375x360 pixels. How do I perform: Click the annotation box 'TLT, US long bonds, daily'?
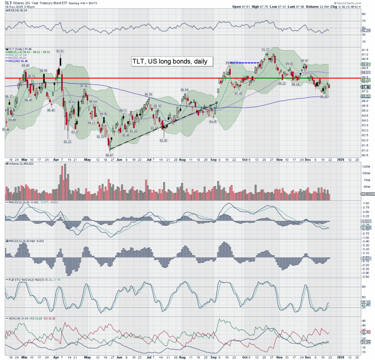click(172, 62)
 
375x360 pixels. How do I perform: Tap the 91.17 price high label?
click(266, 49)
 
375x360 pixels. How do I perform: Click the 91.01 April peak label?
click(60, 51)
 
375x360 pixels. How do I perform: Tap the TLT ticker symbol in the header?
click(8, 3)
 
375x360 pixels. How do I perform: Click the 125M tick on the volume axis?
click(365, 167)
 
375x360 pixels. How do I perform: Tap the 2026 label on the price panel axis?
click(341, 160)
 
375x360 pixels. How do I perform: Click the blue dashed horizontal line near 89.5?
click(245, 63)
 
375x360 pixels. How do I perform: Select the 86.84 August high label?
click(184, 90)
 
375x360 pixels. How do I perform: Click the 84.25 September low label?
click(214, 121)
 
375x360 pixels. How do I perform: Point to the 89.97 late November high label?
click(305, 61)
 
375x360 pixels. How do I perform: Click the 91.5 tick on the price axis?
click(365, 50)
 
